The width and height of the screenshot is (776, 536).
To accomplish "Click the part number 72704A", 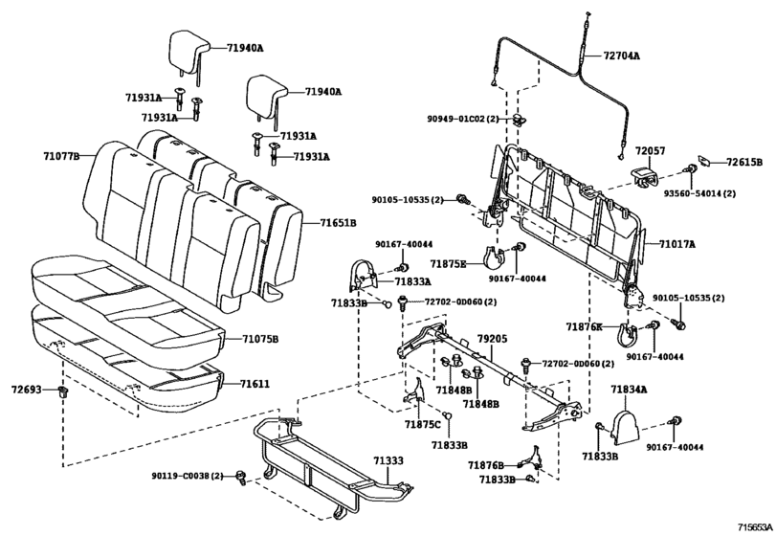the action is coord(622,56).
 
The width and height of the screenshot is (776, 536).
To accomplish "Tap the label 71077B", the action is coord(61,156).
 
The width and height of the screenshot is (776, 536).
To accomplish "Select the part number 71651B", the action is coord(338,223).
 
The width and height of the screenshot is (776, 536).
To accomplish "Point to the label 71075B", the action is coord(260,339).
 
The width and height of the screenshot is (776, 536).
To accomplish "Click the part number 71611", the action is coord(255,384).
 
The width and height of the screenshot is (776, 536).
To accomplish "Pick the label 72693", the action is coord(26,390).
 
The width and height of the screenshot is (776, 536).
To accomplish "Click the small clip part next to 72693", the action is coord(63,392).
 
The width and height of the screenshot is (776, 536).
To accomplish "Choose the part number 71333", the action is coord(388,460).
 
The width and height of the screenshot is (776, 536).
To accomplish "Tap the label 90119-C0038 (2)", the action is coord(188,476).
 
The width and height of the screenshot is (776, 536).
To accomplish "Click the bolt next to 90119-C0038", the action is coord(241,477).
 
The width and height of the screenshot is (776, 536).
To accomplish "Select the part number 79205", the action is coord(493,339).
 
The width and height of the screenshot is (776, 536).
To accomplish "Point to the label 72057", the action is coord(651,150).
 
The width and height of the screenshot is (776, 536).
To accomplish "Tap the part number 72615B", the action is coord(744,162).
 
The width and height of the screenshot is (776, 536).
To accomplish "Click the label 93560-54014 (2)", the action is coord(699,193).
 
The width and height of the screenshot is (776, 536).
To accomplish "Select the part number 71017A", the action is coord(677,244).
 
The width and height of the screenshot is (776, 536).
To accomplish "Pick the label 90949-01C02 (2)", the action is coord(464,119).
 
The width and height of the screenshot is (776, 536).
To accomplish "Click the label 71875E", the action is coord(449,264).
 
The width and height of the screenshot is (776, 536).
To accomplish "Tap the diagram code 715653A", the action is coord(755,526).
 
